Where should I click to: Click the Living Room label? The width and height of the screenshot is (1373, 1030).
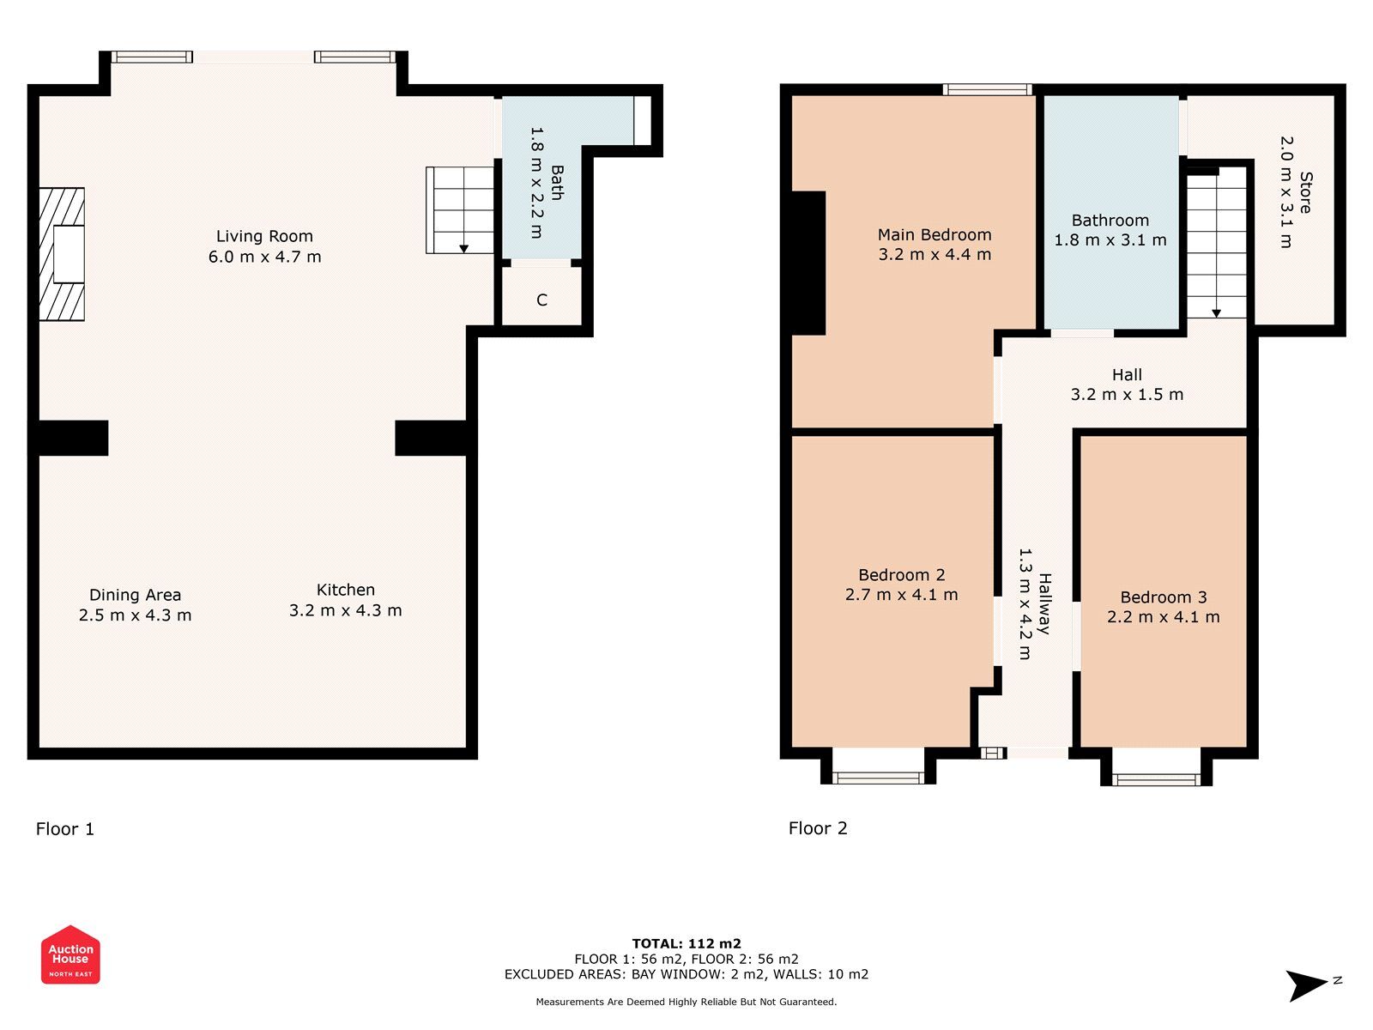(x=264, y=236)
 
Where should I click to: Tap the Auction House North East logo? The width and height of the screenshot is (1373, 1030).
(x=70, y=954)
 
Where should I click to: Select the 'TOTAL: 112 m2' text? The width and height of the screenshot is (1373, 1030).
(x=686, y=943)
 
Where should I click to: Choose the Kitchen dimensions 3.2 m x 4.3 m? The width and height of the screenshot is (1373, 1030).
(x=345, y=610)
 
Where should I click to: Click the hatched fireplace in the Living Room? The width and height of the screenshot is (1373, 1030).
(x=62, y=254)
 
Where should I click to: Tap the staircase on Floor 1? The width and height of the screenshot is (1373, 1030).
(x=461, y=210)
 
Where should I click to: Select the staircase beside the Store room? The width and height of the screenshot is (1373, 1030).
(x=1216, y=243)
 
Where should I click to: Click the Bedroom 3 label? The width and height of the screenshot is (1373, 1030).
(x=1163, y=597)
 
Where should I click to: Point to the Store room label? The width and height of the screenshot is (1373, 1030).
(x=1305, y=192)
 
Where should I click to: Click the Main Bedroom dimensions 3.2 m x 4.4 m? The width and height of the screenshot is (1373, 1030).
(x=934, y=255)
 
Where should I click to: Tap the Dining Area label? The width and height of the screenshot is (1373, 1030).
(x=135, y=595)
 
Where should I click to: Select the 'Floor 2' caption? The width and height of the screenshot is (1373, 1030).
(x=818, y=828)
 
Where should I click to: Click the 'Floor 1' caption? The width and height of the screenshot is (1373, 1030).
(x=65, y=829)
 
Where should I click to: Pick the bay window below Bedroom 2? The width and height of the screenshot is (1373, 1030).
(x=878, y=778)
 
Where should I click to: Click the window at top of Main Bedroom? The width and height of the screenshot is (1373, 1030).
(x=987, y=89)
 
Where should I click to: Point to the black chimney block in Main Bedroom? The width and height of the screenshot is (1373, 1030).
(x=807, y=263)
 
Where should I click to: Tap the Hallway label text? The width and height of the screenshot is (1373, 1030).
(x=1044, y=603)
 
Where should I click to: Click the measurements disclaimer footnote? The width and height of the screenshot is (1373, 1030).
(x=686, y=1002)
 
